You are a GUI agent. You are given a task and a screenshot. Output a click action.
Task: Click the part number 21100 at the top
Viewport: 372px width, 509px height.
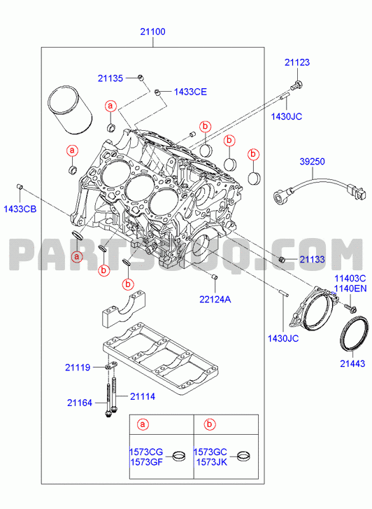coord(152,32)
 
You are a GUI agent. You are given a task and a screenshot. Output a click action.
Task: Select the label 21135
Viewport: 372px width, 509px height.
coord(110,78)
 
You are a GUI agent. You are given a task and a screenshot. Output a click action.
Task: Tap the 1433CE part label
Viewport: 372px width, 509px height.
coord(190,92)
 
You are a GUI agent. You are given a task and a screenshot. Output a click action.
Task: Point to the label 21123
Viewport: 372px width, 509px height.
coord(297,62)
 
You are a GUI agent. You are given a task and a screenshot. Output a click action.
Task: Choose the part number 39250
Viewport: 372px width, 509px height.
coord(313,161)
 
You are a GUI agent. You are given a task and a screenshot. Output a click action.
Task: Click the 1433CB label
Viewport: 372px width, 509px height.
coord(20,209)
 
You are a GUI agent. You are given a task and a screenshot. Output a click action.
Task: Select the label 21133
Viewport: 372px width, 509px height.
coord(313,259)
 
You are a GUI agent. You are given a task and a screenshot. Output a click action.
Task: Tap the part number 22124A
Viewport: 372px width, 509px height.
coord(215,299)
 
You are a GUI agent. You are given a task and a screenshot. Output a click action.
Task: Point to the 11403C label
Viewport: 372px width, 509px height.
coord(350,279)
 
